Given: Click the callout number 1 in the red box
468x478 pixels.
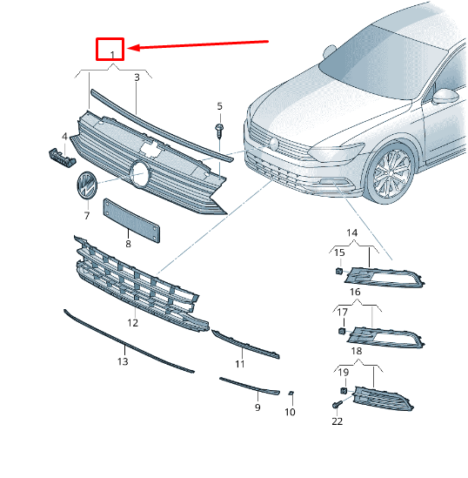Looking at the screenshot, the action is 112,55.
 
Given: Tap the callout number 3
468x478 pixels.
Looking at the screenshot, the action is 137,77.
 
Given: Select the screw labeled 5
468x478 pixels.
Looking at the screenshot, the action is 219,130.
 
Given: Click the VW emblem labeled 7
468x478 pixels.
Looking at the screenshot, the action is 87,185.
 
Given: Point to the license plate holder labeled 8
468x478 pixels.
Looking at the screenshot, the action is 131,220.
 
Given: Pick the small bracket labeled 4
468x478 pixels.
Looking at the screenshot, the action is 63,158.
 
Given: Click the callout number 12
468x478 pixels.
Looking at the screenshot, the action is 133,323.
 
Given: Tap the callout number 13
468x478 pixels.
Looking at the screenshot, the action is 123,361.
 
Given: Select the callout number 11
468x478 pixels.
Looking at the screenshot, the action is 240,364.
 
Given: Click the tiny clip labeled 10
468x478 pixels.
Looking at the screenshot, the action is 291,394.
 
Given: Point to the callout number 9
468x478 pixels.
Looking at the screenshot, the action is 257,407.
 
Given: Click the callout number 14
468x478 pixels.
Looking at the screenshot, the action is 352,232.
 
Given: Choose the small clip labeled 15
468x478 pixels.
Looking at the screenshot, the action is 339,271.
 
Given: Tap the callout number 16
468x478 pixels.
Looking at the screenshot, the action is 355,292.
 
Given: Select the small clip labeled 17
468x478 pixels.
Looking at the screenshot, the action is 342,331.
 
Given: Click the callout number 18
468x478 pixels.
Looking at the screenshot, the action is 357,351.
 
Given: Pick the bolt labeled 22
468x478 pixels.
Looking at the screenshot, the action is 337,405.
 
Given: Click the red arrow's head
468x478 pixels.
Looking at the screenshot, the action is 132,48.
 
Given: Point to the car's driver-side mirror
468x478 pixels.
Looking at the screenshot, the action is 445,97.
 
